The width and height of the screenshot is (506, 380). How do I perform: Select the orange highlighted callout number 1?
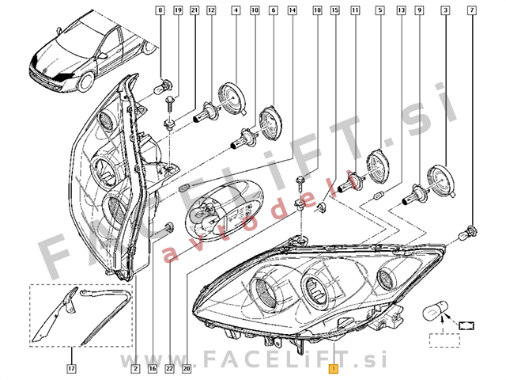click(335, 369)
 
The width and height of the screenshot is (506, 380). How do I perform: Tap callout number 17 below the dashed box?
click(71, 369)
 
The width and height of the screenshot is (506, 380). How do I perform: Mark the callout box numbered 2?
click(136, 369)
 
